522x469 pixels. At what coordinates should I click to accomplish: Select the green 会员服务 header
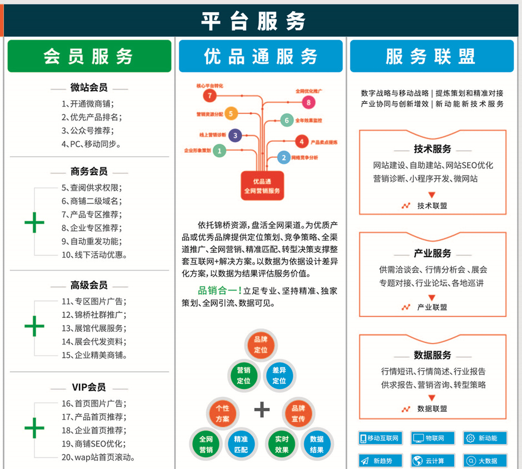pyautogui.click(x=89, y=56)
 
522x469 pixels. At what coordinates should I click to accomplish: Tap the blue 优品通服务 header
pyautogui.click(x=260, y=56)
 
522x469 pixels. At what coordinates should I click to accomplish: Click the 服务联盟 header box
pyautogui.click(x=431, y=56)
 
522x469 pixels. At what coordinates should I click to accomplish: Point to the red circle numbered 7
pyautogui.click(x=209, y=96)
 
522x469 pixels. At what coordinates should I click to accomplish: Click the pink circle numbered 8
pyautogui.click(x=308, y=102)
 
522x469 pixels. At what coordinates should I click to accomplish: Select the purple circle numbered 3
pyautogui.click(x=235, y=135)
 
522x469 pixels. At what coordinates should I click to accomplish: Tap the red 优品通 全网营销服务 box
pyautogui.click(x=262, y=186)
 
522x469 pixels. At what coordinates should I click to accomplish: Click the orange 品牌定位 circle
pyautogui.click(x=260, y=345)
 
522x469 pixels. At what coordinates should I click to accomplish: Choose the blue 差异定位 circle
pyautogui.click(x=279, y=376)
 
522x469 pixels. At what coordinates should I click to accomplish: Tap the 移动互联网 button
pyautogui.click(x=379, y=438)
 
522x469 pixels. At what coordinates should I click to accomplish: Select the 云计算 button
pyautogui.click(x=433, y=461)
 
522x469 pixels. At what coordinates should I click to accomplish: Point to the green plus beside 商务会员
pyautogui.click(x=34, y=222)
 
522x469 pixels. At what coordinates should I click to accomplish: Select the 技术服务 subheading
pyautogui.click(x=432, y=149)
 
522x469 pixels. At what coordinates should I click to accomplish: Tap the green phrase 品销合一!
pyautogui.click(x=220, y=290)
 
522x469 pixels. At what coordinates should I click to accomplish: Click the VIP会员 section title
pyautogui.click(x=89, y=387)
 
